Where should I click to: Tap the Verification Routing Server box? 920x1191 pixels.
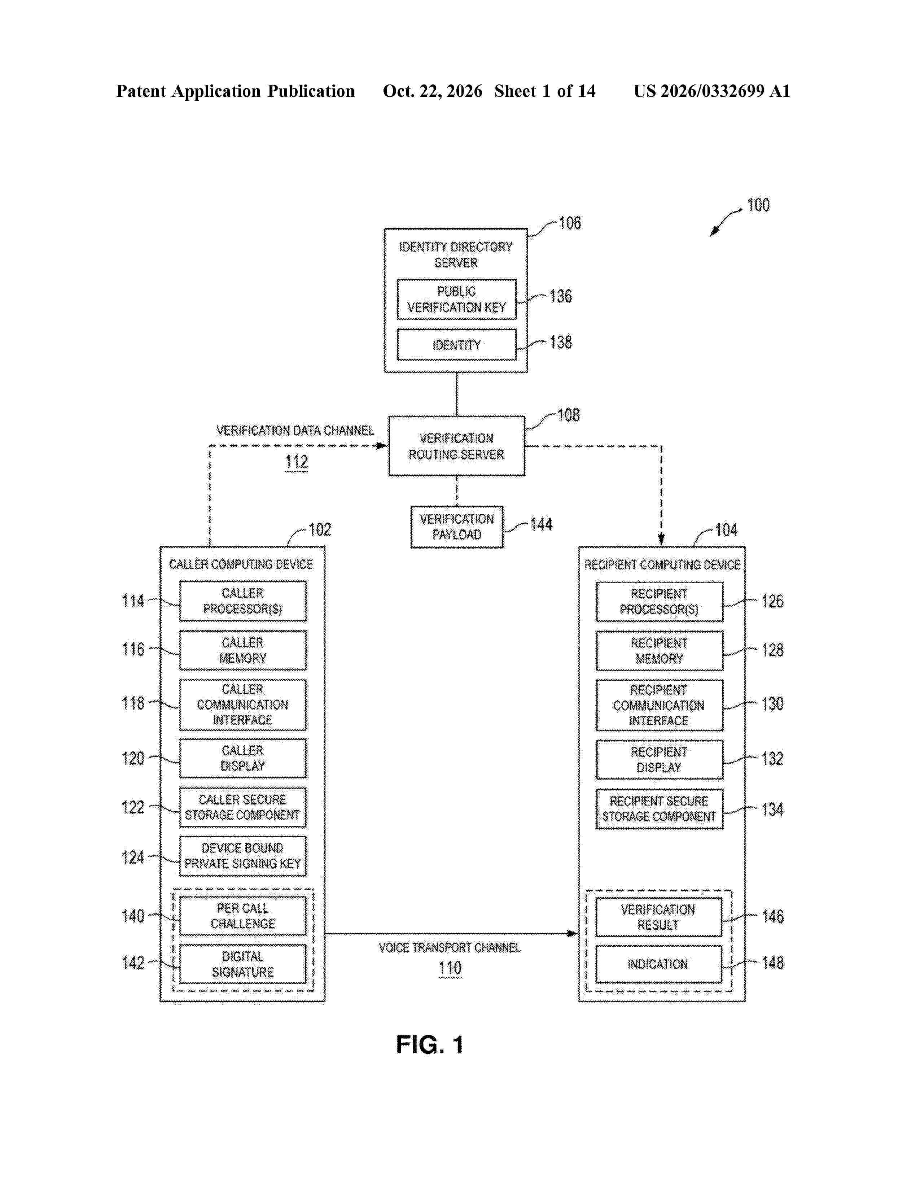pyautogui.click(x=457, y=446)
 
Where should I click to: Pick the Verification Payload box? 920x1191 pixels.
pyautogui.click(x=457, y=527)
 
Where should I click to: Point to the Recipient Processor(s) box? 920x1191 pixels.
pyautogui.click(x=660, y=602)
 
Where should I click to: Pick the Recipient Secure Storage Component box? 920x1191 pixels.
pyautogui.click(x=660, y=809)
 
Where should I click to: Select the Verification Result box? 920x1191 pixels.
pyautogui.click(x=658, y=917)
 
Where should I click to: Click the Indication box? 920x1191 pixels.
pyautogui.click(x=658, y=964)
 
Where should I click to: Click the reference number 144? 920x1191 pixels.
pyautogui.click(x=541, y=525)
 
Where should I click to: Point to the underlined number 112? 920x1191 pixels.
pyautogui.click(x=297, y=462)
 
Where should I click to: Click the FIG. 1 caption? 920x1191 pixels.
pyautogui.click(x=430, y=1045)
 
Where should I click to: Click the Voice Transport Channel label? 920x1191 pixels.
pyautogui.click(x=450, y=948)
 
